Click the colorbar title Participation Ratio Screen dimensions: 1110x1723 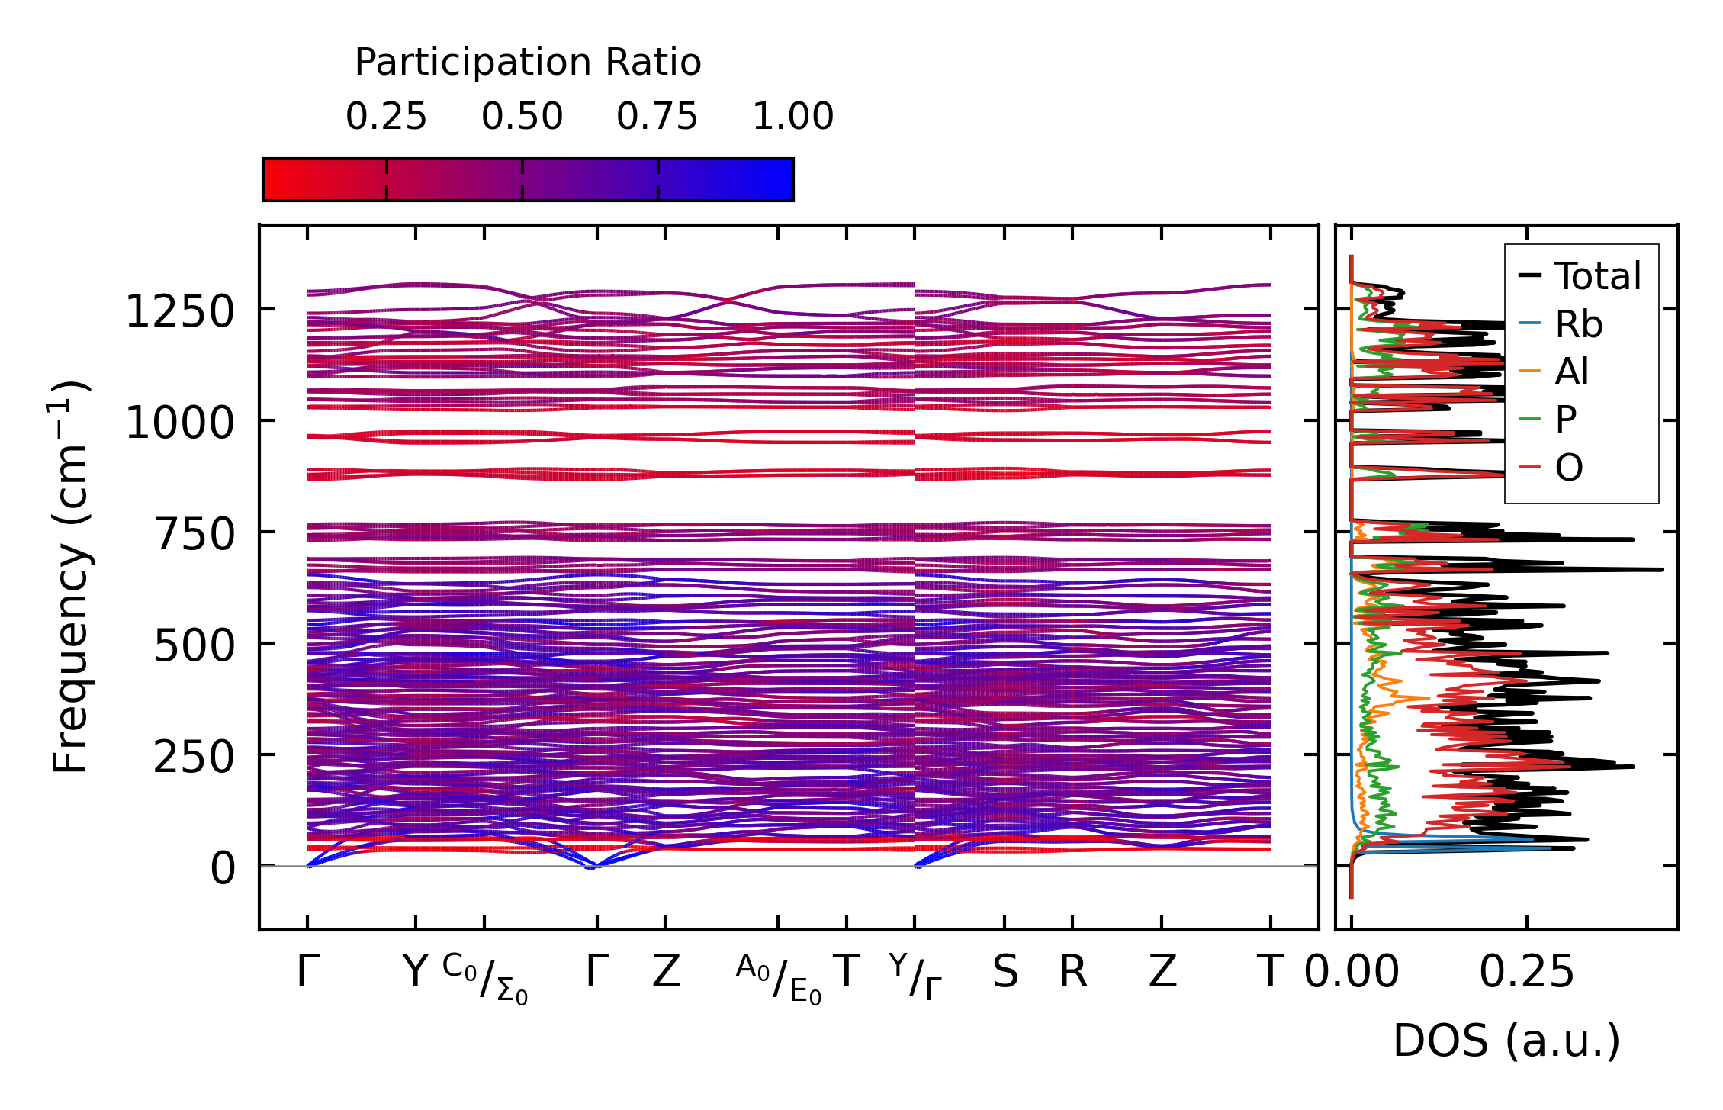coord(528,63)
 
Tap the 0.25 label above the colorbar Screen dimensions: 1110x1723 coord(386,117)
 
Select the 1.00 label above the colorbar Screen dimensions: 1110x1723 coord(792,117)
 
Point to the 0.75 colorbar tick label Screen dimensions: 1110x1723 coord(657,117)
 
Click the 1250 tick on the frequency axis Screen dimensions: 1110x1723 coord(180,311)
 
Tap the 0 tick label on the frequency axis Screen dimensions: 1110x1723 coord(223,868)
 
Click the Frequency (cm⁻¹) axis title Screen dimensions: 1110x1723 coord(70,577)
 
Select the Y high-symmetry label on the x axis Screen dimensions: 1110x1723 coord(416,972)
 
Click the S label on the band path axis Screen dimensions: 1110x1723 coord(1005,972)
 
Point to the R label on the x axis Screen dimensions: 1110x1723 coord(1072,972)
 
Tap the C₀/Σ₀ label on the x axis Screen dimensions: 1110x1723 coord(485,978)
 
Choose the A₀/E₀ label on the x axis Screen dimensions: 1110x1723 coord(779,978)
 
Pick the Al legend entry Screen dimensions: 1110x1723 coord(1571,372)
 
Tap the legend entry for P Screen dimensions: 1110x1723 coord(1565,420)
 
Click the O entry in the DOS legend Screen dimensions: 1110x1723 coord(1568,467)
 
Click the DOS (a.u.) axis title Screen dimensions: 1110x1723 coord(1506,1041)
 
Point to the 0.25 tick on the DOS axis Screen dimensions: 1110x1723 coord(1527,972)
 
